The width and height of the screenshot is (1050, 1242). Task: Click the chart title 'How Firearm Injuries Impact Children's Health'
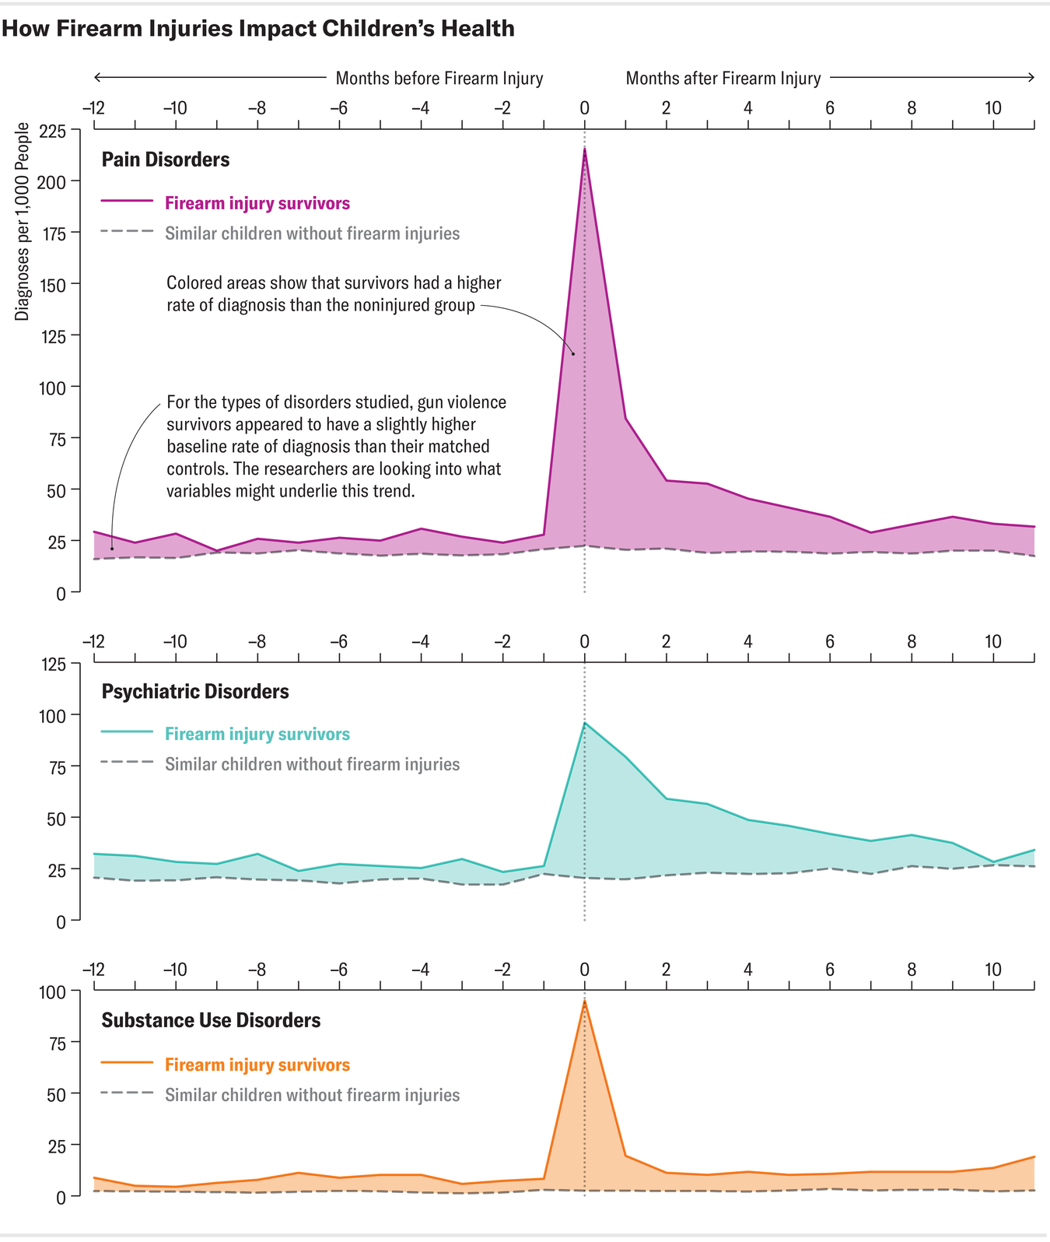click(257, 29)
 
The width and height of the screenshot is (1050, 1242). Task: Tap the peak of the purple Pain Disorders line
click(584, 149)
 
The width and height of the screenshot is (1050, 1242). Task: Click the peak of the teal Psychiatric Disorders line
click(584, 724)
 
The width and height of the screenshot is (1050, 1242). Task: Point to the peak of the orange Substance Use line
click(584, 1002)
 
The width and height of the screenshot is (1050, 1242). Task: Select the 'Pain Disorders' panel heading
click(166, 160)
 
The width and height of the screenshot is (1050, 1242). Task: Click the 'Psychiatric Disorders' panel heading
click(195, 691)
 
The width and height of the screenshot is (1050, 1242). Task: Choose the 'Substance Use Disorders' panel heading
click(211, 1020)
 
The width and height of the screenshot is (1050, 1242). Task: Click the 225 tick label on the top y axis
click(52, 130)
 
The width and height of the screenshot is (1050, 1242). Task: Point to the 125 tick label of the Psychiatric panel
click(52, 664)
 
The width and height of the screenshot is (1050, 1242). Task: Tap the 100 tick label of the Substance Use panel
click(52, 991)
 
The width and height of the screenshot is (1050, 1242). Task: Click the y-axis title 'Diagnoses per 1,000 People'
click(22, 222)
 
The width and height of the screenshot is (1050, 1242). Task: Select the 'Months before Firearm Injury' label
click(439, 78)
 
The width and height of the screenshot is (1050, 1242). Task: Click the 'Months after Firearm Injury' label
click(723, 78)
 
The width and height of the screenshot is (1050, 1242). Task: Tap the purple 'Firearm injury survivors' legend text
click(257, 203)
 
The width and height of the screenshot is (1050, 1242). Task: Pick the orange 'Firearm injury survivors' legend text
click(257, 1065)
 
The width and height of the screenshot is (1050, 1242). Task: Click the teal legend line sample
click(128, 732)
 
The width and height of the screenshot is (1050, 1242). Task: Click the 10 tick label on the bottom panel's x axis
click(993, 970)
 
